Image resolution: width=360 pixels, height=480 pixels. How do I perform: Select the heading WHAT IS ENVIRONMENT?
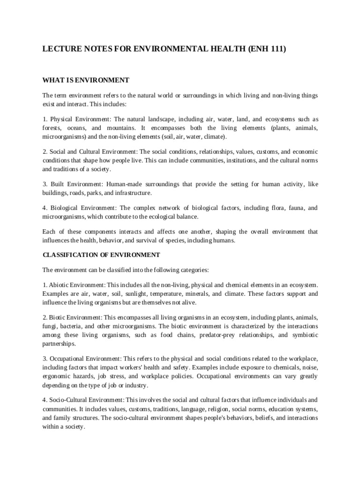coord(86,80)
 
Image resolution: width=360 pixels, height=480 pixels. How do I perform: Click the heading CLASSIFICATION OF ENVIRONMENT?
coord(101,255)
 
